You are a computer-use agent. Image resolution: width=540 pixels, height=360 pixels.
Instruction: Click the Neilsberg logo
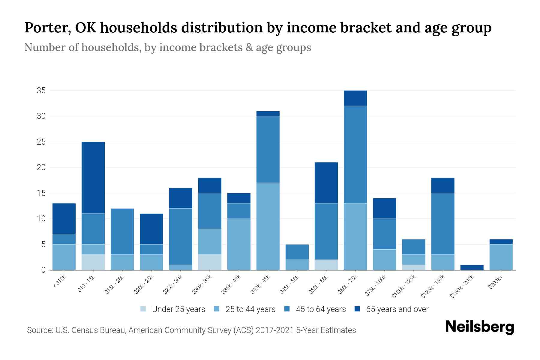point(479,327)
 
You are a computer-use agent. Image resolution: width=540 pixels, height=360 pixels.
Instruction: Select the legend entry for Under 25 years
point(173,309)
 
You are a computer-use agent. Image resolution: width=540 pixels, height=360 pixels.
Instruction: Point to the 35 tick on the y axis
point(41,90)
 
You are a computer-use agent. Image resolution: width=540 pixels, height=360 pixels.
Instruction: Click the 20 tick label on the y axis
point(41,167)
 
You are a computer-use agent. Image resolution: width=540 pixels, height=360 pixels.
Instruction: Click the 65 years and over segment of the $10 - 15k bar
point(93,178)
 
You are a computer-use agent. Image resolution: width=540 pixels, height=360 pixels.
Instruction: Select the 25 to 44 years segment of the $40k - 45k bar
point(268,226)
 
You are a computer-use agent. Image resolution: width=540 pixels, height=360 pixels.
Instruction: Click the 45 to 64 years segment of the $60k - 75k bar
point(355,154)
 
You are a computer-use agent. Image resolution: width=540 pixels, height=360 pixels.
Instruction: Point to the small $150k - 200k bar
point(472,267)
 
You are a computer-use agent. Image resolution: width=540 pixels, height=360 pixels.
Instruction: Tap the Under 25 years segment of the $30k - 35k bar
point(210,262)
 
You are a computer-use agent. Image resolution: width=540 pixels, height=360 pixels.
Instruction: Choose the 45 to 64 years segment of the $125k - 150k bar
point(443,223)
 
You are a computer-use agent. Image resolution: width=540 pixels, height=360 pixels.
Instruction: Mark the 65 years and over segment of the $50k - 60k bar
point(326,183)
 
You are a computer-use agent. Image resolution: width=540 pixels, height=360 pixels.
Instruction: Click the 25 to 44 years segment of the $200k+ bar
point(501,257)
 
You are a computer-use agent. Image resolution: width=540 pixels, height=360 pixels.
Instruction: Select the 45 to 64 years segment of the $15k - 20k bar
point(122,231)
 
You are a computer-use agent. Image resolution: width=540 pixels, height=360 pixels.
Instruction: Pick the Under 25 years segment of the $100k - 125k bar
point(414,267)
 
